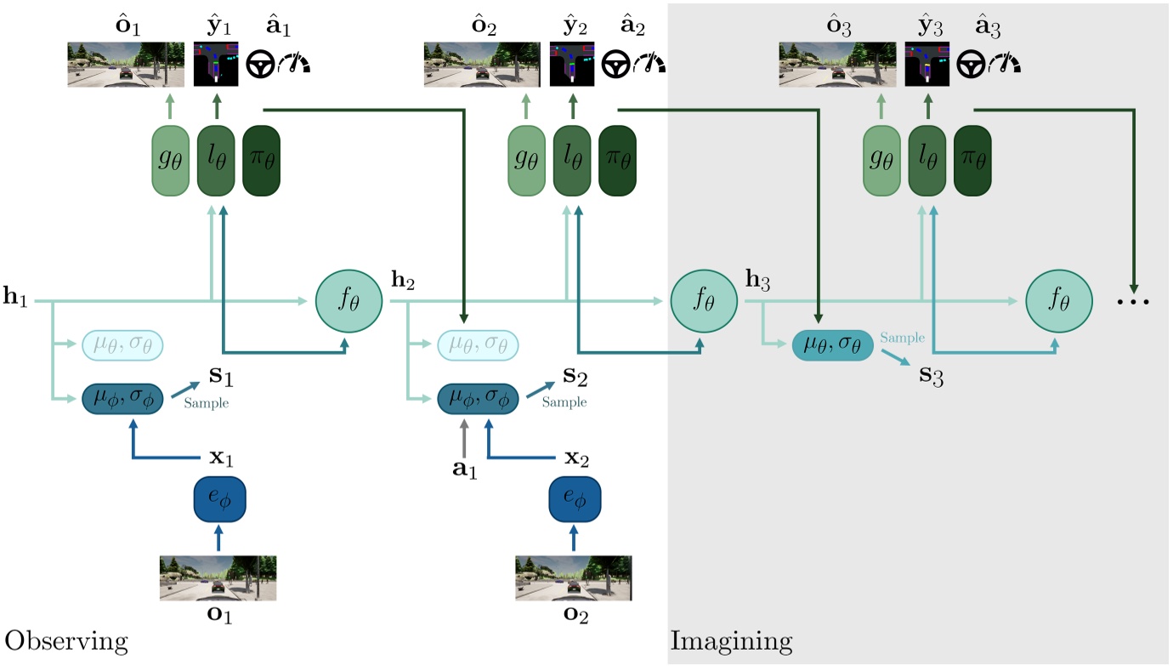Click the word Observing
(x=66, y=640)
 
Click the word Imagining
(x=731, y=640)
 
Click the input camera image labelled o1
(x=218, y=578)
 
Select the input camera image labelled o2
(x=574, y=578)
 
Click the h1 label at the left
(x=16, y=299)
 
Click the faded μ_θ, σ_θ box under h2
(x=477, y=346)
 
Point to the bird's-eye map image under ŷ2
(x=571, y=65)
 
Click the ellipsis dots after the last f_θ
(x=1134, y=303)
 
